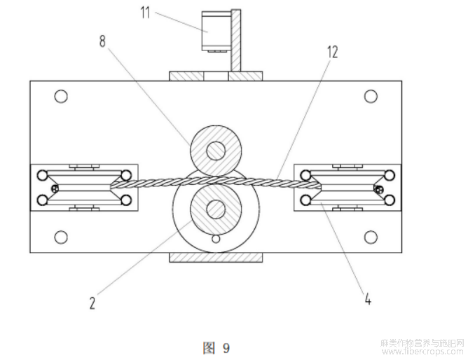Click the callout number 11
pyautogui.click(x=146, y=11)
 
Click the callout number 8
pyautogui.click(x=103, y=41)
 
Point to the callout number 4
pyautogui.click(x=366, y=300)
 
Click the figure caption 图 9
pyautogui.click(x=216, y=347)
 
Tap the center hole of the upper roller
pyautogui.click(x=215, y=150)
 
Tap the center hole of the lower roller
pyautogui.click(x=215, y=208)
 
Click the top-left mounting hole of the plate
pyautogui.click(x=61, y=96)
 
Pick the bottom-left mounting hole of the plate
pyautogui.click(x=61, y=237)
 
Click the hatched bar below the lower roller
pyautogui.click(x=216, y=257)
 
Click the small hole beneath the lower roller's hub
pyautogui.click(x=215, y=240)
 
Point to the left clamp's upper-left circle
pyautogui.click(x=43, y=174)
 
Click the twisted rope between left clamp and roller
pyautogui.click(x=151, y=184)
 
